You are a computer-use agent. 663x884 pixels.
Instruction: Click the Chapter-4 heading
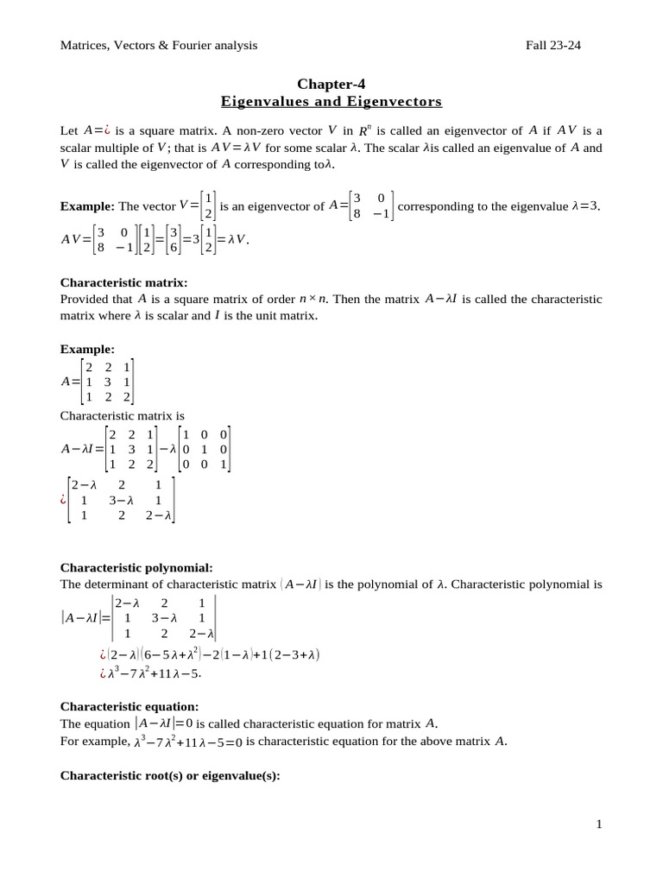(x=331, y=84)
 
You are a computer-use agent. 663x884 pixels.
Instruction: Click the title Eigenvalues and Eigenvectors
(x=331, y=102)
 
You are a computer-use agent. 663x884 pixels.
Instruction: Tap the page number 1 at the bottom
(x=598, y=824)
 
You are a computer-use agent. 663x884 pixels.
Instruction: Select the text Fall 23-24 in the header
(x=553, y=45)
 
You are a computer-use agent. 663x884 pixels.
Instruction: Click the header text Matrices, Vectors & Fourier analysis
(x=159, y=45)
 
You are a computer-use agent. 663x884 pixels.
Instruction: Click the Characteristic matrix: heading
(x=123, y=282)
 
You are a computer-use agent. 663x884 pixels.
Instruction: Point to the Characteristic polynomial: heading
(x=136, y=567)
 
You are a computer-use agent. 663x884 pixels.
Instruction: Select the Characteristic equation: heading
(x=129, y=706)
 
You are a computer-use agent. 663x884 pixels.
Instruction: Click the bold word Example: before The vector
(x=87, y=207)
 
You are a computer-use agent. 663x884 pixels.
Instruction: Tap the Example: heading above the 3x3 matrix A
(x=87, y=350)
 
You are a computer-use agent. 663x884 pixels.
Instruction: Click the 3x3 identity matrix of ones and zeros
(x=204, y=449)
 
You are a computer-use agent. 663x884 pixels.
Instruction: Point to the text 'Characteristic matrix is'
(x=122, y=415)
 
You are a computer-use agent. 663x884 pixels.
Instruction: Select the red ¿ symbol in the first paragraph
(x=111, y=131)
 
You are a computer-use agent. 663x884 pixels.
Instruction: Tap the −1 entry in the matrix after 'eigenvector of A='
(x=377, y=214)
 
